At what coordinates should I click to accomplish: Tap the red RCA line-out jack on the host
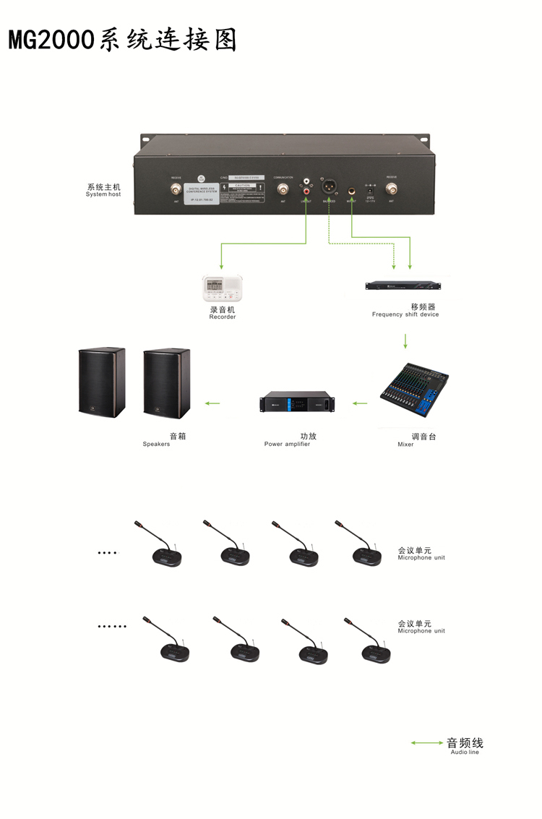tap(308, 192)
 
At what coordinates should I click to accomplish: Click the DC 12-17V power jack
tap(370, 189)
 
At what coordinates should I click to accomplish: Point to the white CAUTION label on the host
tap(242, 190)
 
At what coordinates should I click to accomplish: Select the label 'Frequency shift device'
tap(405, 314)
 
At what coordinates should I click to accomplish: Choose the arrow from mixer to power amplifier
tap(359, 403)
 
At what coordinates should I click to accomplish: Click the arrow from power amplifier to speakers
tap(212, 403)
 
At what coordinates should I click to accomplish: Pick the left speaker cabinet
tap(101, 383)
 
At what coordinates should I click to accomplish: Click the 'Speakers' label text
tap(156, 444)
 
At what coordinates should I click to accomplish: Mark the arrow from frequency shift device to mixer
tap(405, 340)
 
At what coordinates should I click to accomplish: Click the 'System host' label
tap(103, 194)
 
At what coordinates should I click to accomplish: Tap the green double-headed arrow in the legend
tap(427, 742)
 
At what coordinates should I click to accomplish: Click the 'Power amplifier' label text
tap(287, 444)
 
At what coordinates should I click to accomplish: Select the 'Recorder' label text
tap(223, 317)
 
